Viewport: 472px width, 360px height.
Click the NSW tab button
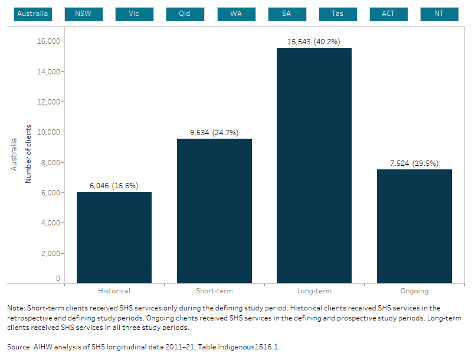point(83,14)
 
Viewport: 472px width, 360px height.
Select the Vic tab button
point(134,14)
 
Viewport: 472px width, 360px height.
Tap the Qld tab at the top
point(185,14)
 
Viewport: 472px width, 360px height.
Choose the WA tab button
point(236,14)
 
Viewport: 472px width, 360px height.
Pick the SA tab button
point(287,14)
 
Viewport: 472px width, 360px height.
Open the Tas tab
point(337,14)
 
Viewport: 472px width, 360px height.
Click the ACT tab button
point(388,14)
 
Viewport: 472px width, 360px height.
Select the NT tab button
point(439,14)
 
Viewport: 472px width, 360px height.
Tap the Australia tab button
point(33,14)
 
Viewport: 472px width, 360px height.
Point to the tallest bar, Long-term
point(314,165)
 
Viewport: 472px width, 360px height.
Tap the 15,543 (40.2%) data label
point(314,42)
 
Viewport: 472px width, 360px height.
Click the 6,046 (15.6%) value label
point(114,185)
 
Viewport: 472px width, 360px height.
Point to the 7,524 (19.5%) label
point(414,163)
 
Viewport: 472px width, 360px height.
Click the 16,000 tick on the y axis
point(50,41)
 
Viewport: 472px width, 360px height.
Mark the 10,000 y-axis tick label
point(50,132)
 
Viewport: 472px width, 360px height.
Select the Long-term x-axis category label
point(314,291)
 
